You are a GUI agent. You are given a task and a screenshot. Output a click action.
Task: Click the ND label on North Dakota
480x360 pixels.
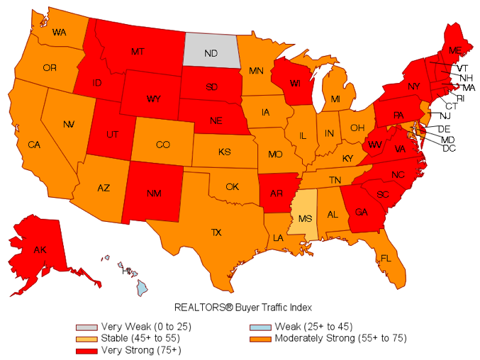tap(211, 52)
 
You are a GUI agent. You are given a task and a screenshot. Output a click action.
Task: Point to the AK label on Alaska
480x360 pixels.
tap(40, 250)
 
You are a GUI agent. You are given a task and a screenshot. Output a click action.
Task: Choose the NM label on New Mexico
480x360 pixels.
tap(153, 192)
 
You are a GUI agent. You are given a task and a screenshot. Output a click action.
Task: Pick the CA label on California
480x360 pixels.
tap(34, 145)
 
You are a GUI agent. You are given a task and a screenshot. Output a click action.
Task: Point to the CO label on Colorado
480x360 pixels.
tap(162, 145)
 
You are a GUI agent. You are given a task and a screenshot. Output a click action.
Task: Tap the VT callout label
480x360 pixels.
tap(462, 68)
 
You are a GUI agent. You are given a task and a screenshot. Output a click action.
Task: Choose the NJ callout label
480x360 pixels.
tap(445, 116)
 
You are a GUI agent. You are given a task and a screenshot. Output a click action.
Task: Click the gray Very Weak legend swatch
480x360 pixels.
tap(87, 327)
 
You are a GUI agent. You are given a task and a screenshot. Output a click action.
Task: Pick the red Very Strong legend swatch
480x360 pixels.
tap(87, 349)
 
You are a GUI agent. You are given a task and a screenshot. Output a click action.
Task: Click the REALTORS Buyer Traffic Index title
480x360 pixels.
tap(243, 308)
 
